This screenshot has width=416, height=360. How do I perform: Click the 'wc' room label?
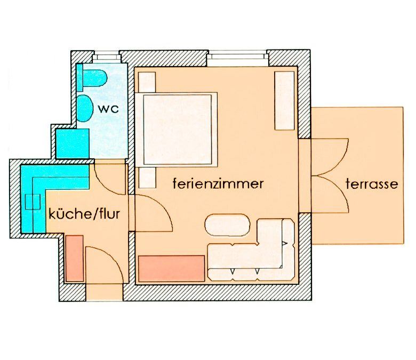pyautogui.click(x=108, y=109)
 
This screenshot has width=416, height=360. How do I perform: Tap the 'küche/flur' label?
pyautogui.click(x=84, y=214)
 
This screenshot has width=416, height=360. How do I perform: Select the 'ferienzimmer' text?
pyautogui.click(x=218, y=183)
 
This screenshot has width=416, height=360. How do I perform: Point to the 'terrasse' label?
pyautogui.click(x=372, y=184)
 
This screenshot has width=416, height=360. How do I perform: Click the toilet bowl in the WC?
pyautogui.click(x=95, y=78)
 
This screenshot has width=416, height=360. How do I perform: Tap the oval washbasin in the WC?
pyautogui.click(x=85, y=108)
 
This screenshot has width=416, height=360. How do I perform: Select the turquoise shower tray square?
pyautogui.click(x=73, y=143)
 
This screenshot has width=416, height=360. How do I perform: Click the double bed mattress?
pyautogui.click(x=178, y=130)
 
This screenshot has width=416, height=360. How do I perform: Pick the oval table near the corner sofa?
pyautogui.click(x=227, y=225)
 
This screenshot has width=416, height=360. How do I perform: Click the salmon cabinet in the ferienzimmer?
pyautogui.click(x=172, y=268)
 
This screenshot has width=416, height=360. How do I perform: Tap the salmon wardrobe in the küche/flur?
pyautogui.click(x=74, y=258)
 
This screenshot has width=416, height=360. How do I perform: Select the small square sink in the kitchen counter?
pyautogui.click(x=33, y=202)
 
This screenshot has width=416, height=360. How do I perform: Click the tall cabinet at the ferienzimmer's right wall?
pyautogui.click(x=284, y=101)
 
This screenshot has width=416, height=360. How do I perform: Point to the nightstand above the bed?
pyautogui.click(x=147, y=82)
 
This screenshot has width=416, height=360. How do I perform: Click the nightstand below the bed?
pyautogui.click(x=147, y=178)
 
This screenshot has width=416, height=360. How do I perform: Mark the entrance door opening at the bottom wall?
pyautogui.click(x=104, y=292)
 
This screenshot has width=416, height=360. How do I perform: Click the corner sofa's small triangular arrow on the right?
pyautogui.click(x=285, y=243)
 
